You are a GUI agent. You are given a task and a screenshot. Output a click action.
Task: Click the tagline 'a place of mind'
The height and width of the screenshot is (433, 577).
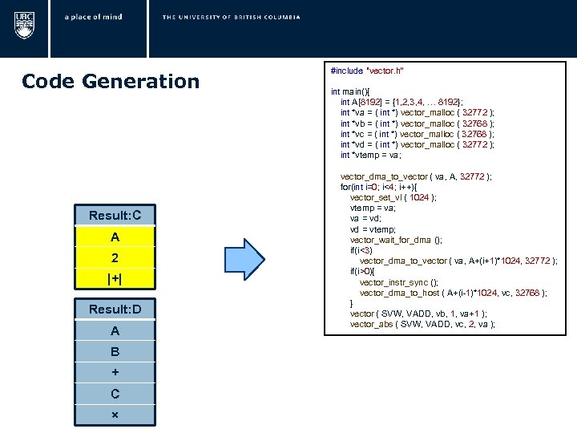[x=95, y=17]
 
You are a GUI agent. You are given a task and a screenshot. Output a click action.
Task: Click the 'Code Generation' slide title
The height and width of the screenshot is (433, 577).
[x=111, y=81]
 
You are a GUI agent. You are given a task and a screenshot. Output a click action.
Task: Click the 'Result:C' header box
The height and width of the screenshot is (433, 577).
[x=115, y=216]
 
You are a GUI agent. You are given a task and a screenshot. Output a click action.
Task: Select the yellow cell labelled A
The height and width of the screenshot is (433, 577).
[x=115, y=237]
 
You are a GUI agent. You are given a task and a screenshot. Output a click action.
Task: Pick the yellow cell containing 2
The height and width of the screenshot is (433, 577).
[x=115, y=258]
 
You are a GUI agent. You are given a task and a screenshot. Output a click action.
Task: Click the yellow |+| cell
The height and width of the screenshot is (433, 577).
[x=115, y=279]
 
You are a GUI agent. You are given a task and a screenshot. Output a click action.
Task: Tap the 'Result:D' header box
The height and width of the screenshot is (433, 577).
[x=115, y=310]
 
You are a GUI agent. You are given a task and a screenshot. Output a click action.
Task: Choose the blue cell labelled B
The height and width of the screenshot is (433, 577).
[x=115, y=351]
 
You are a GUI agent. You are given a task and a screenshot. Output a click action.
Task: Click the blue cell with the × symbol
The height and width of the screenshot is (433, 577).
[x=115, y=415]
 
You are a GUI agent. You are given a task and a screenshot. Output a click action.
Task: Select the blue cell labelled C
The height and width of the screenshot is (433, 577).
[x=115, y=394]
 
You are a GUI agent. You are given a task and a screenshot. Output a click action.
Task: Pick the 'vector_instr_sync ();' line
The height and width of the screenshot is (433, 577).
[x=398, y=282]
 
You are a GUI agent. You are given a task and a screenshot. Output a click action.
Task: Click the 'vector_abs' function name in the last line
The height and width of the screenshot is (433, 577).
[x=369, y=324]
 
